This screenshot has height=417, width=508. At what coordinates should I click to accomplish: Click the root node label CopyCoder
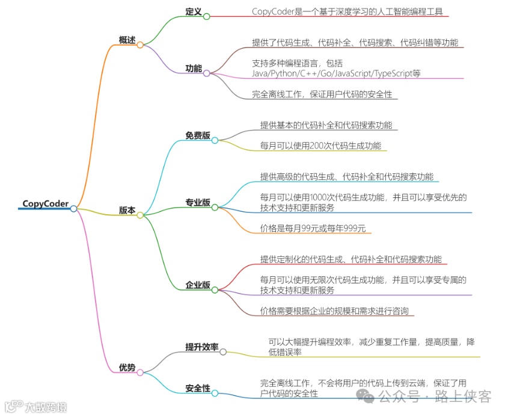coord(45,203)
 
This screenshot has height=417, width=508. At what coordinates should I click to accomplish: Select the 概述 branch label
coord(127,40)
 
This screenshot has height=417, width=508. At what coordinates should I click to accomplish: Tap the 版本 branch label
coord(127,210)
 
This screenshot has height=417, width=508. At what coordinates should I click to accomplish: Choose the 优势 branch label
coord(127,368)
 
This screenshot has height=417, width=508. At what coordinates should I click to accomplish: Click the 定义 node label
coord(193,11)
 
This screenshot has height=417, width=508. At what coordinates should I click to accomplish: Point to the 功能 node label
coord(193,68)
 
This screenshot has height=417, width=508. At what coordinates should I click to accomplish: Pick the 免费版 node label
coord(198,135)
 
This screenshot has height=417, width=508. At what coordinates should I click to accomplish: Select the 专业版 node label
coord(198,203)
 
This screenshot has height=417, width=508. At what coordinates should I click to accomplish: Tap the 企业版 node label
coord(198,285)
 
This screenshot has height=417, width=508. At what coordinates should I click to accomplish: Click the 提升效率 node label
coord(201,347)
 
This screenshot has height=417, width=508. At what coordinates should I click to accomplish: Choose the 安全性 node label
coord(198,389)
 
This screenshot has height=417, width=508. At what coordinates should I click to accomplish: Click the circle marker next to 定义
coord(207,16)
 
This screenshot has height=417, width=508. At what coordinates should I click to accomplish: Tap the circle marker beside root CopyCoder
coord(73,208)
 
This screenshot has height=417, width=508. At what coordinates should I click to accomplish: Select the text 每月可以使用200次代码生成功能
coord(320,146)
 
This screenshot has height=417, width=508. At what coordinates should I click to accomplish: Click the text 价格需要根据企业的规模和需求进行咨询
coord(334,311)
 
